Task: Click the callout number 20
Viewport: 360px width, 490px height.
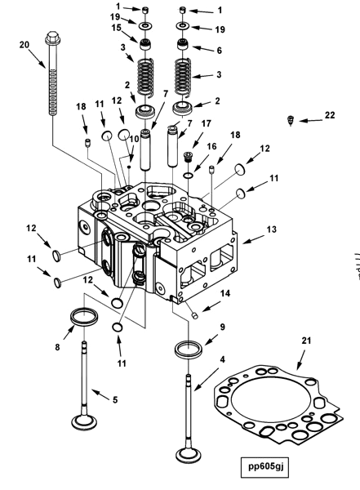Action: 23,43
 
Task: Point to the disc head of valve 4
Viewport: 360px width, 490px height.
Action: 189,452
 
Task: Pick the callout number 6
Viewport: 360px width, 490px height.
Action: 220,50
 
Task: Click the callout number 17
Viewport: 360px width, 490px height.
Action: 206,123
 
